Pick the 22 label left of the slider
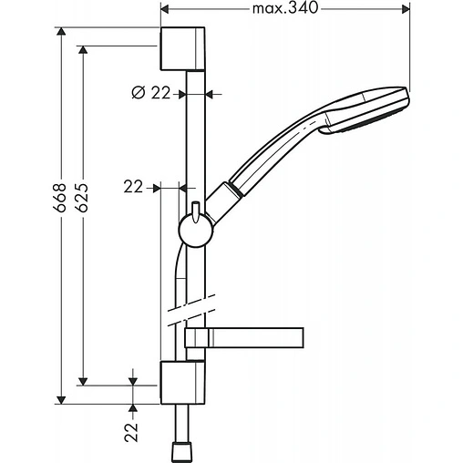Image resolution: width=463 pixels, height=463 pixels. [x=134, y=186]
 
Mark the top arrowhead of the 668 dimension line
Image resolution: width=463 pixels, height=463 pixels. [x=61, y=33]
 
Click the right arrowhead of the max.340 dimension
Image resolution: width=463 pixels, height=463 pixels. [x=404, y=10]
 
